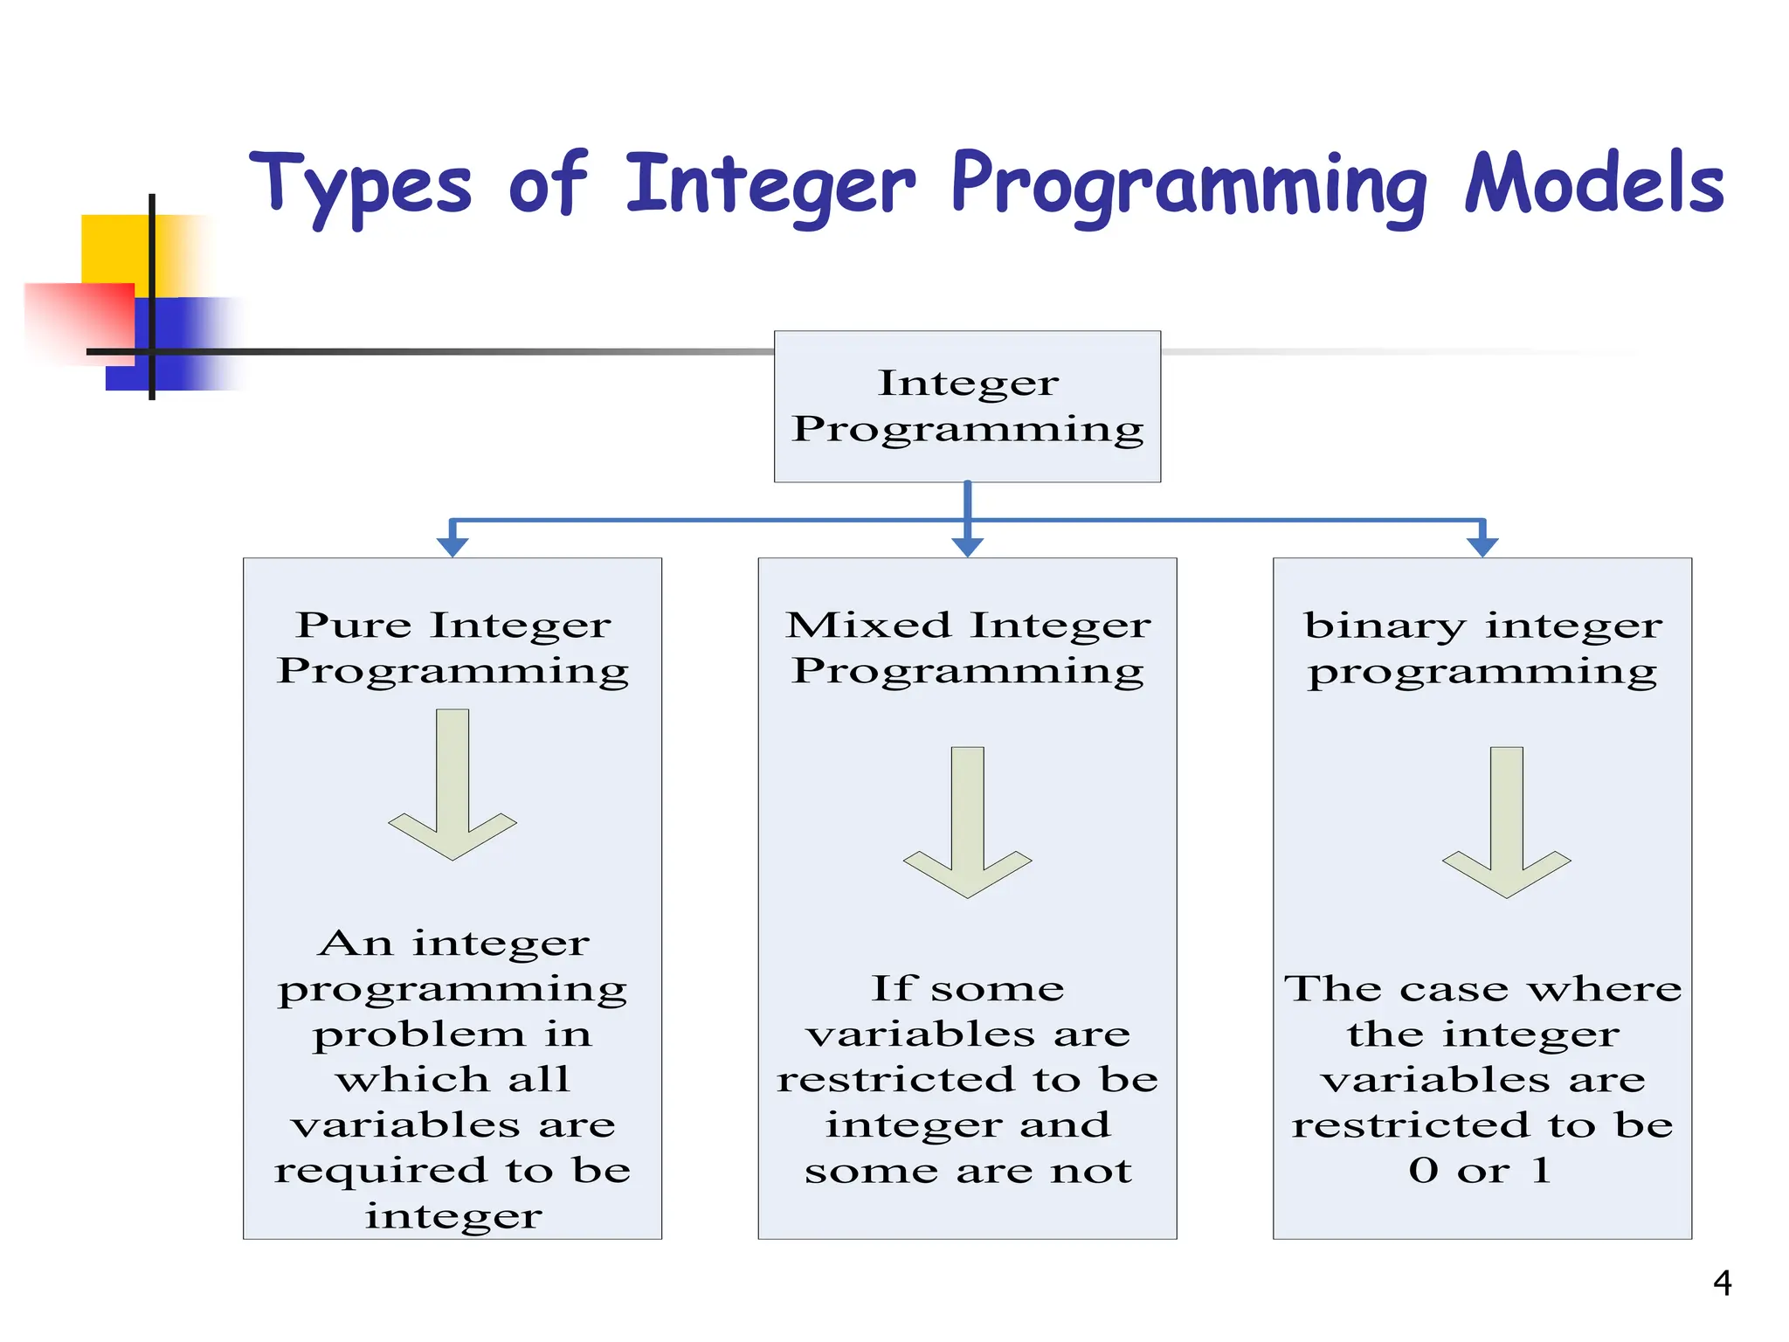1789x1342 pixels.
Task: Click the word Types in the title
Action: (360, 185)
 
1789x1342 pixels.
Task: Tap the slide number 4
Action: (1722, 1283)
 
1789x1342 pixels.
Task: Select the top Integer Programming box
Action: (967, 406)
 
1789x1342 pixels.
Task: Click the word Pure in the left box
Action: (353, 626)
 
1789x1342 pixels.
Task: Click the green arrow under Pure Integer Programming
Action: (452, 786)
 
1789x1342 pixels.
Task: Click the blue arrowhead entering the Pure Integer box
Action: (452, 546)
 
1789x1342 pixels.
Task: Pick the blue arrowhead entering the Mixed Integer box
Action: (967, 546)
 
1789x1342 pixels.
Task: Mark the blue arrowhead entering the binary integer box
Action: (1482, 546)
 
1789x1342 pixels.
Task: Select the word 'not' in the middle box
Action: (1091, 1171)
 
